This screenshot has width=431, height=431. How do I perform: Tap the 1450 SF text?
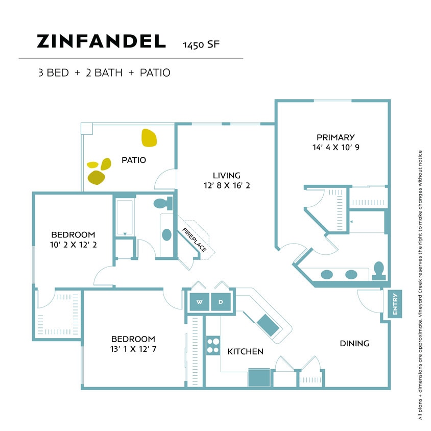[201, 44]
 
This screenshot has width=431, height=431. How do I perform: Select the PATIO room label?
[134, 160]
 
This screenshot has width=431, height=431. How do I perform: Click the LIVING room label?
[227, 175]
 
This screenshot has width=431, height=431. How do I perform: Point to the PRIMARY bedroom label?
[336, 137]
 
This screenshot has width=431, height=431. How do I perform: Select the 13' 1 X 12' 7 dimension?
[133, 349]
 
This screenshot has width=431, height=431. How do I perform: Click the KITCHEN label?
[245, 351]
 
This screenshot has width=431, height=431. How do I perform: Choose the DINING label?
[354, 343]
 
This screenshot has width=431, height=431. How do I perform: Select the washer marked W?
[200, 302]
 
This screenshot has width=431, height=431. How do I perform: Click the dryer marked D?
[221, 302]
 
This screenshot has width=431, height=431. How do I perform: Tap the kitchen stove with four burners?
[212, 345]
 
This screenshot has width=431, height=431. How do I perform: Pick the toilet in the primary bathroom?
[378, 271]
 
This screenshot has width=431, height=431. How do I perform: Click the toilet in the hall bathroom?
[163, 204]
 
